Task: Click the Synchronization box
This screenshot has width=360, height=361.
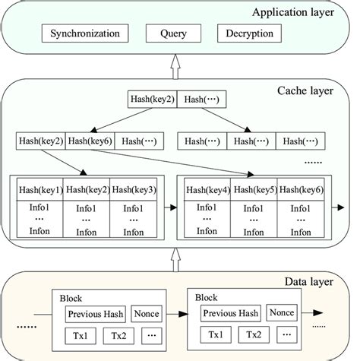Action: [84, 34]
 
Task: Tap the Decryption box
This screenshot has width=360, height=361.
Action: [250, 34]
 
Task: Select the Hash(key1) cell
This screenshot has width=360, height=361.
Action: [40, 190]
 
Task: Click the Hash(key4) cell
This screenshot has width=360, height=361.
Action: [207, 190]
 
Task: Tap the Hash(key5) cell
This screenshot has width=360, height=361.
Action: [254, 190]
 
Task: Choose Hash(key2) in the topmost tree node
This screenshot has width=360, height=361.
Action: [153, 100]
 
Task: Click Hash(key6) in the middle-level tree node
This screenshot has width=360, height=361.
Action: [90, 141]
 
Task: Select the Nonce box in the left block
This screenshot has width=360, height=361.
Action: [147, 313]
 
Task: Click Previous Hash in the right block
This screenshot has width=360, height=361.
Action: [231, 313]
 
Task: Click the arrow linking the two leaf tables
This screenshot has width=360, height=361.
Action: [167, 206]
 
